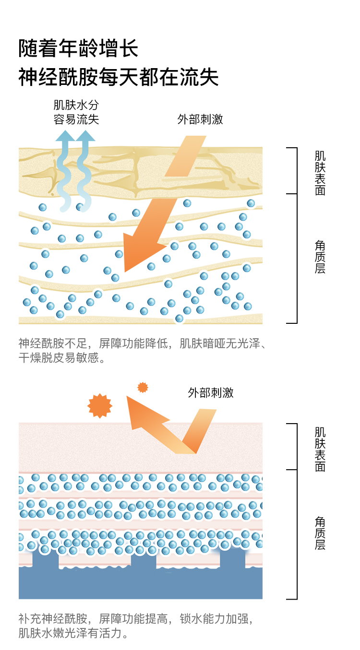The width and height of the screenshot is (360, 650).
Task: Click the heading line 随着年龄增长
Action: pyautogui.click(x=78, y=49)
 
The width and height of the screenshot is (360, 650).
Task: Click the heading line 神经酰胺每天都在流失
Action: pyautogui.click(x=118, y=77)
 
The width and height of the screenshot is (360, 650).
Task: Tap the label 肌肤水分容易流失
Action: pyautogui.click(x=76, y=112)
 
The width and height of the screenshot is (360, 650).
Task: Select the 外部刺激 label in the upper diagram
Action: pyautogui.click(x=200, y=119)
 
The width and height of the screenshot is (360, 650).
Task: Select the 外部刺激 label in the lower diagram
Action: pyautogui.click(x=211, y=393)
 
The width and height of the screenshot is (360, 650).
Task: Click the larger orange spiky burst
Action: pyautogui.click(x=100, y=405)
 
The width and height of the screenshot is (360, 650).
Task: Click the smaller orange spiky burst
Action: pyautogui.click(x=143, y=387)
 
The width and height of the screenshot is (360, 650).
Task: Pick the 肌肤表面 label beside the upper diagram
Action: pyautogui.click(x=320, y=173)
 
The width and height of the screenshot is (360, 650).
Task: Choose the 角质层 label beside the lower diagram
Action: pyautogui.click(x=320, y=533)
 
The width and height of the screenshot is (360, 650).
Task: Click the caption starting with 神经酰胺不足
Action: pyautogui.click(x=142, y=351)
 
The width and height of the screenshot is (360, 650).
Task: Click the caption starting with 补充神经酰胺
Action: pyautogui.click(x=135, y=626)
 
